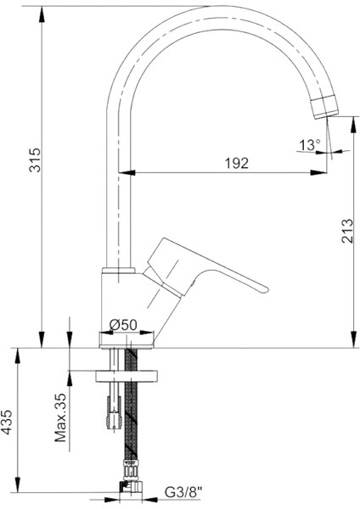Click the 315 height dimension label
pos(35,159)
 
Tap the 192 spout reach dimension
pos(237,163)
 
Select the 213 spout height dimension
pos(347,231)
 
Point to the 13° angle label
pos(310,145)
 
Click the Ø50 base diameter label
pos(123,325)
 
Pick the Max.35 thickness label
pos(60,417)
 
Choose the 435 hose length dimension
pos(7,422)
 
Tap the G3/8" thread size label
pos(183,492)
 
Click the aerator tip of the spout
pos(324,107)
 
